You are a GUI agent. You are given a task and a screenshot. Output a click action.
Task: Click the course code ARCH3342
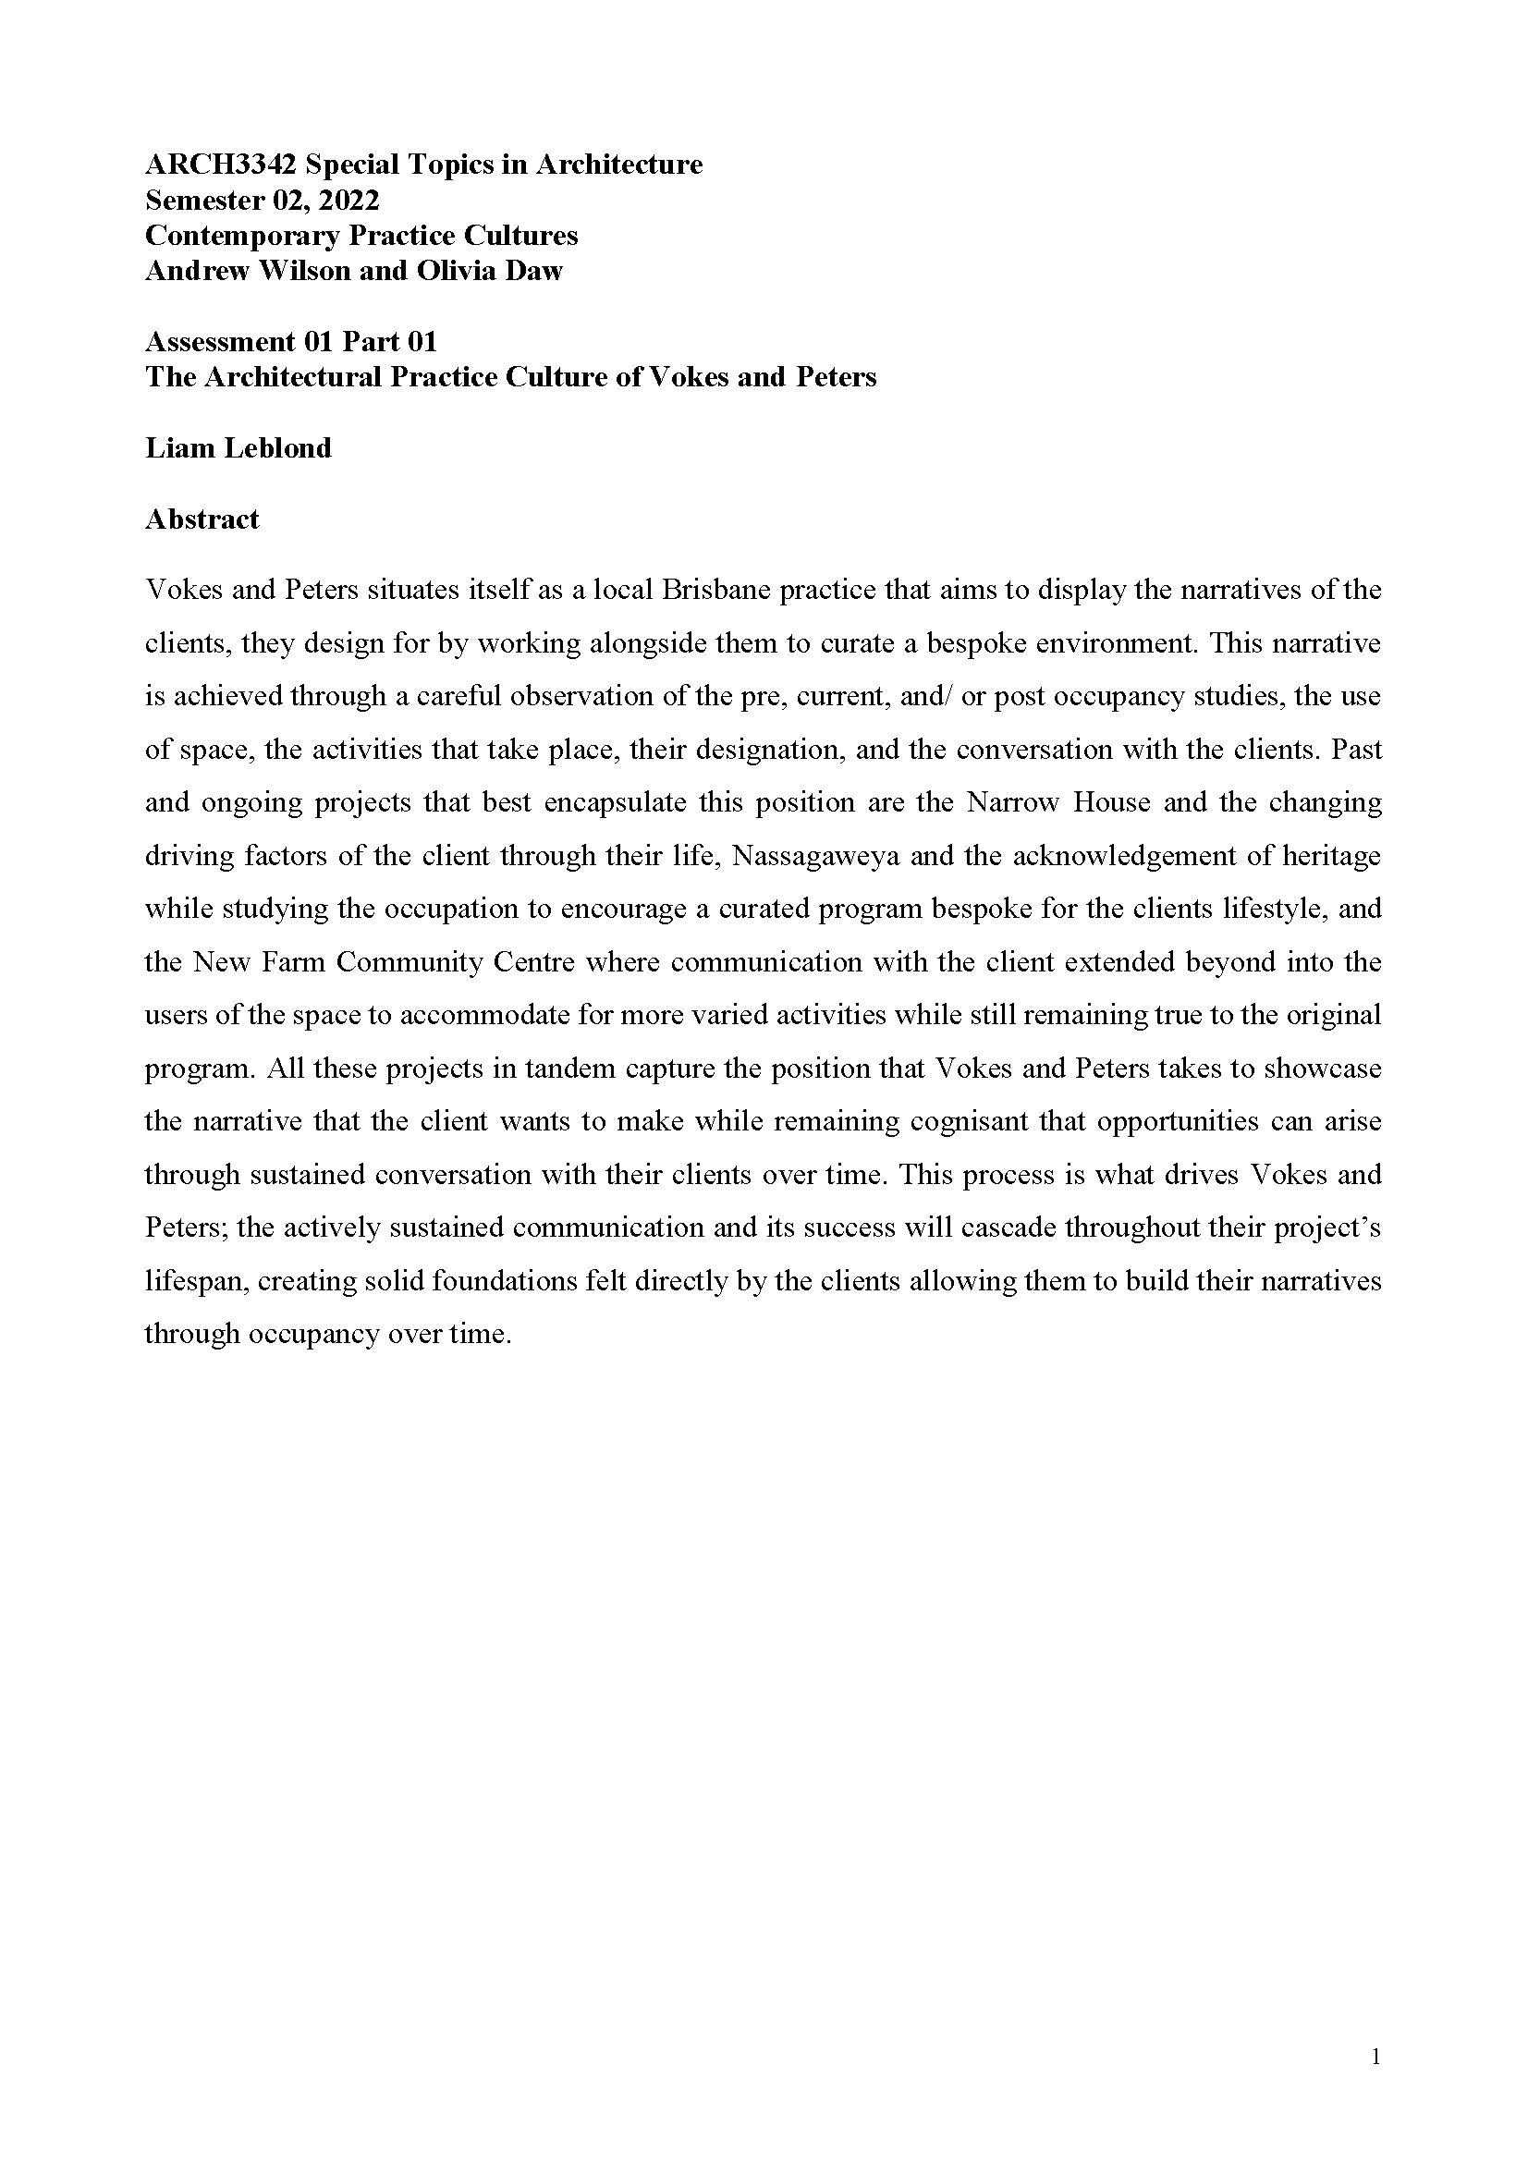pos(220,165)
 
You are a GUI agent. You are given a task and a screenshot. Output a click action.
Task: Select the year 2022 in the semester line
pos(349,201)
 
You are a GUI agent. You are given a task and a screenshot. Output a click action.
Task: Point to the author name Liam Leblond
pos(238,448)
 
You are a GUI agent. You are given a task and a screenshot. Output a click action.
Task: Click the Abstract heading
pos(202,519)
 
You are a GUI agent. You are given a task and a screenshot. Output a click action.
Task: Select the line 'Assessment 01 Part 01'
pos(291,342)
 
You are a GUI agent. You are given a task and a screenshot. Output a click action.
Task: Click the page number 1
pos(1375,2058)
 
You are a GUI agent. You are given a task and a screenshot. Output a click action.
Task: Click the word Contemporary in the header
pos(242,236)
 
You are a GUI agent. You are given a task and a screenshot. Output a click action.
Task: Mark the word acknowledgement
pos(1116,856)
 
